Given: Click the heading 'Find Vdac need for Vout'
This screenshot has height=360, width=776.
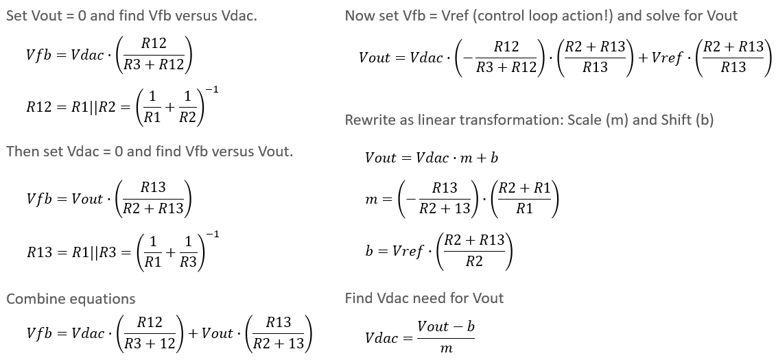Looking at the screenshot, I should (x=424, y=298).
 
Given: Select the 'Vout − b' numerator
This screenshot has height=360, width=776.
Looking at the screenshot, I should (x=445, y=326).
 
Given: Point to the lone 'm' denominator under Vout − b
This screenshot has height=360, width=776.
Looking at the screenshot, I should (x=446, y=349).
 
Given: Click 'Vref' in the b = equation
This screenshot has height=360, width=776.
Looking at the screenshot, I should (x=407, y=250).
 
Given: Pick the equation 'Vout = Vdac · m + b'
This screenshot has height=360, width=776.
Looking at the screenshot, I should (x=432, y=158).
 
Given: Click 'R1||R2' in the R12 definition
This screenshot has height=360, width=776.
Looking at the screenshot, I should (x=92, y=106).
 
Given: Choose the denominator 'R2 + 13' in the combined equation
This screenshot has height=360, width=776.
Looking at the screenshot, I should (x=278, y=344).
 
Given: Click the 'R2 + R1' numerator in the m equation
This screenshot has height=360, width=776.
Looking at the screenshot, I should (x=525, y=188).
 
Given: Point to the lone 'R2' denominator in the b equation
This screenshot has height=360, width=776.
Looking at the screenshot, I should (x=474, y=261).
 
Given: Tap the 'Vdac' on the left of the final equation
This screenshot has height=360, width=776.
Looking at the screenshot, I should (x=382, y=337).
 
